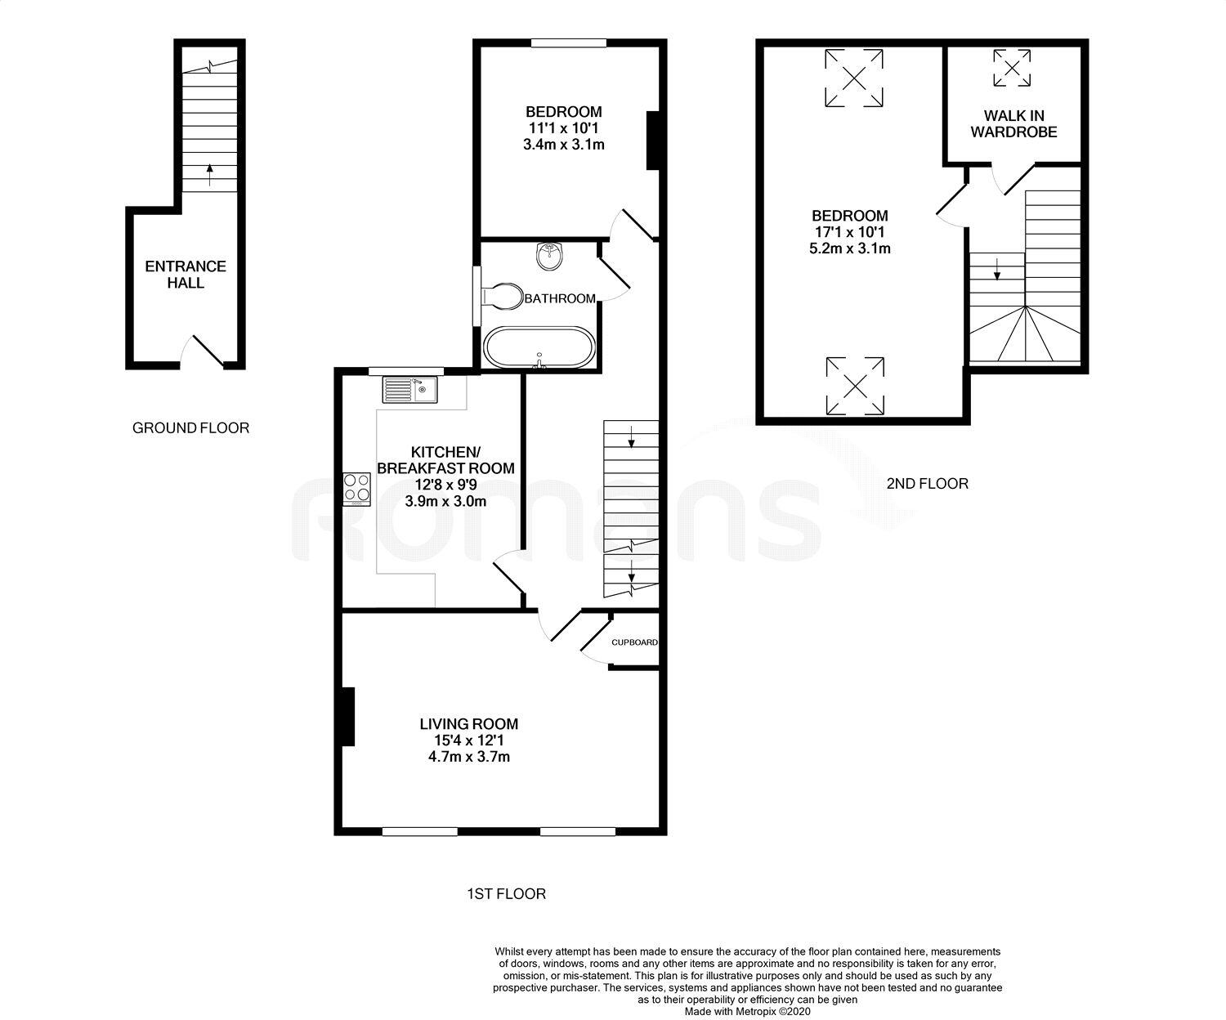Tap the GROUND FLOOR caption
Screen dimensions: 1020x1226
point(190,427)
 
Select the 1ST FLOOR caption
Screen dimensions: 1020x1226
point(506,894)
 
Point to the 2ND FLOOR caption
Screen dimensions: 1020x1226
point(927,484)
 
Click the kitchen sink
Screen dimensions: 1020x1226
point(409,390)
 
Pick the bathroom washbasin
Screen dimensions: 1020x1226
point(548,257)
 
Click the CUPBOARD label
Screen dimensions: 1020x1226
point(634,642)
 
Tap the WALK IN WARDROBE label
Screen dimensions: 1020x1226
point(1013,124)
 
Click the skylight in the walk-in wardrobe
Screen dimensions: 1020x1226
point(1013,68)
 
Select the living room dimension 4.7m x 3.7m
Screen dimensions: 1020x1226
point(469,757)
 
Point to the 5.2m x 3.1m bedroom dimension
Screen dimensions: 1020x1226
point(850,248)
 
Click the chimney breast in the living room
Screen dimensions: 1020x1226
point(347,717)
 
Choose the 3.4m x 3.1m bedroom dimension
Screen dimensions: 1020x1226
point(563,145)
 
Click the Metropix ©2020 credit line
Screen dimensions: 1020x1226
point(747,1011)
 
